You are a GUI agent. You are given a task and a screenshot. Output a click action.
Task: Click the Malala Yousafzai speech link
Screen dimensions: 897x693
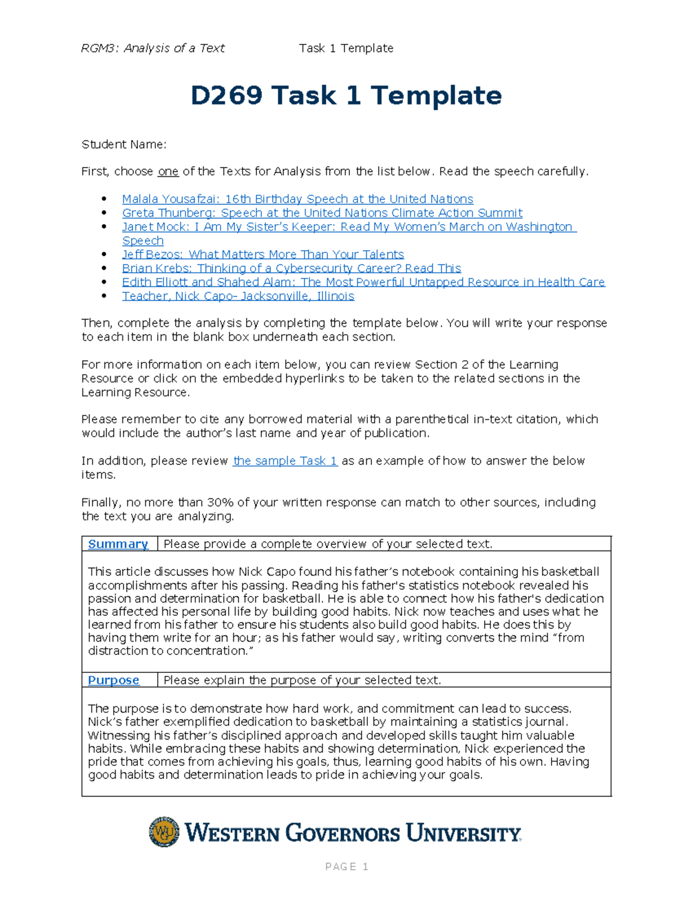click(x=297, y=199)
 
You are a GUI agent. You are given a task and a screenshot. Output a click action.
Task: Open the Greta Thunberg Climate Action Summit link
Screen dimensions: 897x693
click(x=322, y=213)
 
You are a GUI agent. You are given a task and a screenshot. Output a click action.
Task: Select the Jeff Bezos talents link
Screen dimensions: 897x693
click(x=263, y=255)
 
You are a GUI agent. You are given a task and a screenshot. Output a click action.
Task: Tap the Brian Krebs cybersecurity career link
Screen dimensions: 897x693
click(x=291, y=269)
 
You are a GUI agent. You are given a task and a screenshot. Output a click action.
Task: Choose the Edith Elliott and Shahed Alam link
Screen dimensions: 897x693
click(x=363, y=282)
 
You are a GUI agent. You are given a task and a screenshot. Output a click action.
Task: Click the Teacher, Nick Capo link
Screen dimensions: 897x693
click(x=238, y=296)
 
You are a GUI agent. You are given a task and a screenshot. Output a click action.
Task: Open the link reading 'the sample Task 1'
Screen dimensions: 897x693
click(x=285, y=461)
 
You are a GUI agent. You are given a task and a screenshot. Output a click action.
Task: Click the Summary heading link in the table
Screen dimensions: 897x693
click(x=118, y=544)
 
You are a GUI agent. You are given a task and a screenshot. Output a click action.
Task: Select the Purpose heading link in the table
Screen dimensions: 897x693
click(x=113, y=680)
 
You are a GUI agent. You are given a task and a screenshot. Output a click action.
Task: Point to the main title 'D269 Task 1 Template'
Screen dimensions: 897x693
click(x=346, y=96)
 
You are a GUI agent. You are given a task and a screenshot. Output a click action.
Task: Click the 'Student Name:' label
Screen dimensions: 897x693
click(x=124, y=144)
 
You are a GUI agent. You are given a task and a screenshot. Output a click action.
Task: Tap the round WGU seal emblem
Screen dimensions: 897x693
click(x=164, y=832)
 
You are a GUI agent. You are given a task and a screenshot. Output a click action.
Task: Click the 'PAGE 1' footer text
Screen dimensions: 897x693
click(x=346, y=866)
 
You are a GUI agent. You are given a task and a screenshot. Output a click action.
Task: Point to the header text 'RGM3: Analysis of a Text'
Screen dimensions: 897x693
click(x=152, y=49)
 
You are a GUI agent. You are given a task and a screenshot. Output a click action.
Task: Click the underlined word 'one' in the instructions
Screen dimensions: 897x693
click(x=168, y=172)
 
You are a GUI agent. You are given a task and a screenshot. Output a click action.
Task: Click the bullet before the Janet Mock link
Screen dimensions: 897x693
click(x=104, y=227)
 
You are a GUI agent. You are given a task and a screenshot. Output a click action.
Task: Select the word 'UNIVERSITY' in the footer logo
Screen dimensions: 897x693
click(x=463, y=833)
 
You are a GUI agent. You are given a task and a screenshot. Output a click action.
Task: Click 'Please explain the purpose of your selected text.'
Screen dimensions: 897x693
click(x=302, y=680)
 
